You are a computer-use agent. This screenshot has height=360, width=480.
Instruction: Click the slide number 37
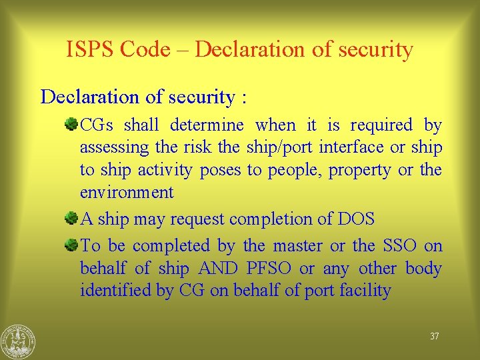[434, 337]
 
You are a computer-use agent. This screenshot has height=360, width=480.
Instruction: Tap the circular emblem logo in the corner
[18, 341]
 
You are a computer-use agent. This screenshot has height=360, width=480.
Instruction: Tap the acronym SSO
[391, 245]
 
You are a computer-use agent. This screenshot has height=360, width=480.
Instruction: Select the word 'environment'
[127, 193]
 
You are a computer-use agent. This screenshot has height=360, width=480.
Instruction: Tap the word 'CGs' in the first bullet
[99, 125]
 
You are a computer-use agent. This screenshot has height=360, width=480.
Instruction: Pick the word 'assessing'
[114, 147]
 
